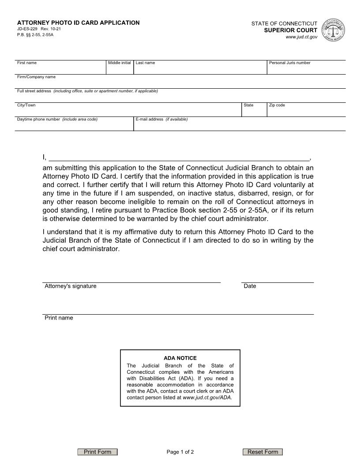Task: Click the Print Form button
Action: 97,452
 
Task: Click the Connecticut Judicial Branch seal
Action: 334,30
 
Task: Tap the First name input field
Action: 60,69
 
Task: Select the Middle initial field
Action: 120,69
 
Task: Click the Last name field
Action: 200,69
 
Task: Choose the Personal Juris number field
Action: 306,69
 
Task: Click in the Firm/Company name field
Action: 180,83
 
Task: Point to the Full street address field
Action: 180,98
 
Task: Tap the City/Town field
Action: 128,112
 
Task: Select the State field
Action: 254,112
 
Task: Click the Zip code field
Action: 306,112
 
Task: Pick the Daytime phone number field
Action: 74,126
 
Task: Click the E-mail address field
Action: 239,126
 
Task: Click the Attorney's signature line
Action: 131,278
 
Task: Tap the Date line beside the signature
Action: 277,278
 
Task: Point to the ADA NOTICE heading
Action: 180,358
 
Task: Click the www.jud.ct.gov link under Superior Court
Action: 301,37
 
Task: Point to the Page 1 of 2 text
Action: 180,452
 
